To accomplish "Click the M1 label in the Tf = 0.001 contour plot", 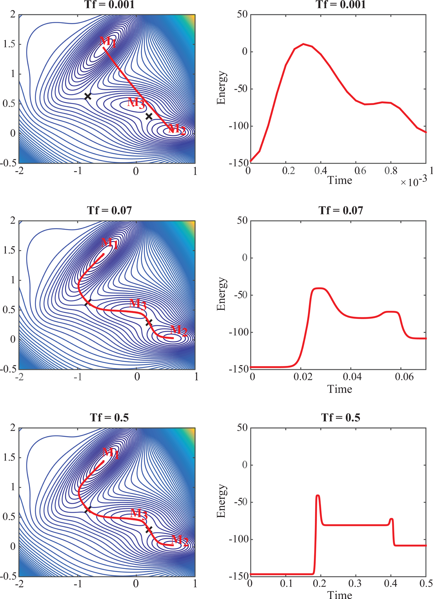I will [108, 41].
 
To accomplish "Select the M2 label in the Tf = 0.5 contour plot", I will [180, 540].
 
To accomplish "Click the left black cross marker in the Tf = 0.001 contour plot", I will [88, 96].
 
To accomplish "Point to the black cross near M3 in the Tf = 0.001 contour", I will [149, 116].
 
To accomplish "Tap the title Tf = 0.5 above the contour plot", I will [109, 418].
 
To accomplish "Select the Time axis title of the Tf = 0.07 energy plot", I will [340, 389].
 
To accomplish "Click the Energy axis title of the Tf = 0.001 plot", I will [221, 88].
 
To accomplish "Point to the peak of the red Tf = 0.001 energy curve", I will [303, 44].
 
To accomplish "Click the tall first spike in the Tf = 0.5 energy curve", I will [318, 496].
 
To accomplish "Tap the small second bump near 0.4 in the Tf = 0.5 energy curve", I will [392, 519].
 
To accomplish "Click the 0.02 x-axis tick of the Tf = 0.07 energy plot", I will [303, 377].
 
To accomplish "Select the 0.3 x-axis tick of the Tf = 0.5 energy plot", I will [355, 583].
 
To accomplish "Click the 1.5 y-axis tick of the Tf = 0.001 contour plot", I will [9, 44].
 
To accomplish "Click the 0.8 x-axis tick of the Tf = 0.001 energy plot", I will [391, 171].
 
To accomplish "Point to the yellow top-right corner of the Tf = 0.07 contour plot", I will [193, 223].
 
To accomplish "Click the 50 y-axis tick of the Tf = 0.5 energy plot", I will [242, 428].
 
